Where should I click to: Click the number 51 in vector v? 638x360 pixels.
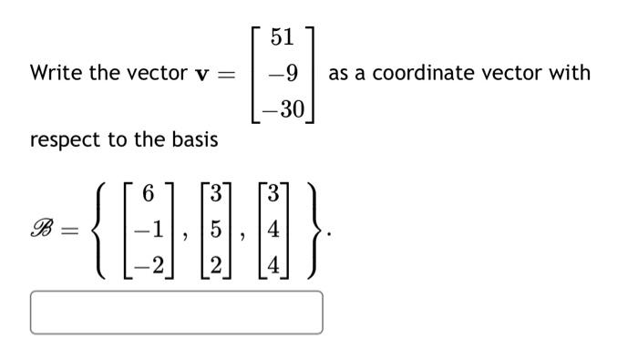[x=283, y=38]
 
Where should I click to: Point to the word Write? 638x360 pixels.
[x=52, y=73]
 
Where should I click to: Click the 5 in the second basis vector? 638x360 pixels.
[x=216, y=230]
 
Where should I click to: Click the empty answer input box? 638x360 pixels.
[x=176, y=313]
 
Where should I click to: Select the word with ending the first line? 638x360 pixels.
[x=568, y=73]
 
